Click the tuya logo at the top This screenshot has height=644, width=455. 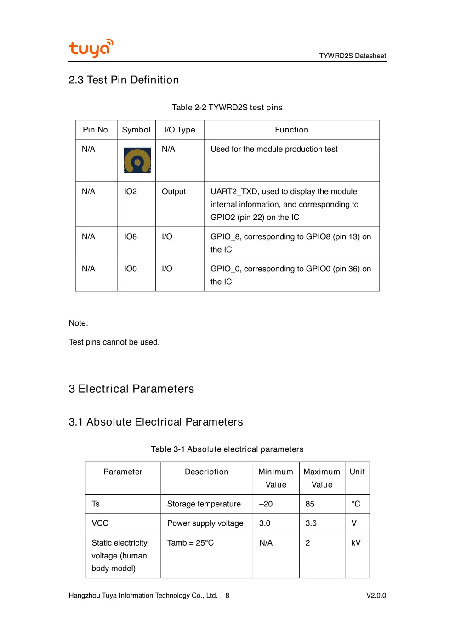[91, 48]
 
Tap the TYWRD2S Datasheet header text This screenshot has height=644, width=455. [353, 56]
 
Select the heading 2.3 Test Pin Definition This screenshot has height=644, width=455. [124, 80]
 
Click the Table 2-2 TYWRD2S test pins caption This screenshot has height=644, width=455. [227, 108]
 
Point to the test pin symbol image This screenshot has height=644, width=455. [137, 160]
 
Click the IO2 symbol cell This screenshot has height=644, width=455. [131, 191]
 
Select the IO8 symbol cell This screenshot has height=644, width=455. [131, 236]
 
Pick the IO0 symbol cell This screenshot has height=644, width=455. [131, 269]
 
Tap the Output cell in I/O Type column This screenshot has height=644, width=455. [174, 191]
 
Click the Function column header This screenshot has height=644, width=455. [291, 130]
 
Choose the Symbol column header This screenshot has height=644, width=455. [136, 130]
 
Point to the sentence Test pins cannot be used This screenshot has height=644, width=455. [114, 342]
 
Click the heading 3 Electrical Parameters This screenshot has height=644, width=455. [131, 389]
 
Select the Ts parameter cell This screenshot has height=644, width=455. [96, 504]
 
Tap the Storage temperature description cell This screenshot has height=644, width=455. [204, 504]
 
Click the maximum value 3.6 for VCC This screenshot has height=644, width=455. [311, 523]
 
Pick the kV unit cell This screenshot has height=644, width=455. [356, 543]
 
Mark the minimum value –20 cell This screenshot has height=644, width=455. [266, 504]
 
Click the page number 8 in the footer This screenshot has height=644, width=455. [227, 596]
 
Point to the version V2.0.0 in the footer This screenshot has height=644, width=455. [376, 596]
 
